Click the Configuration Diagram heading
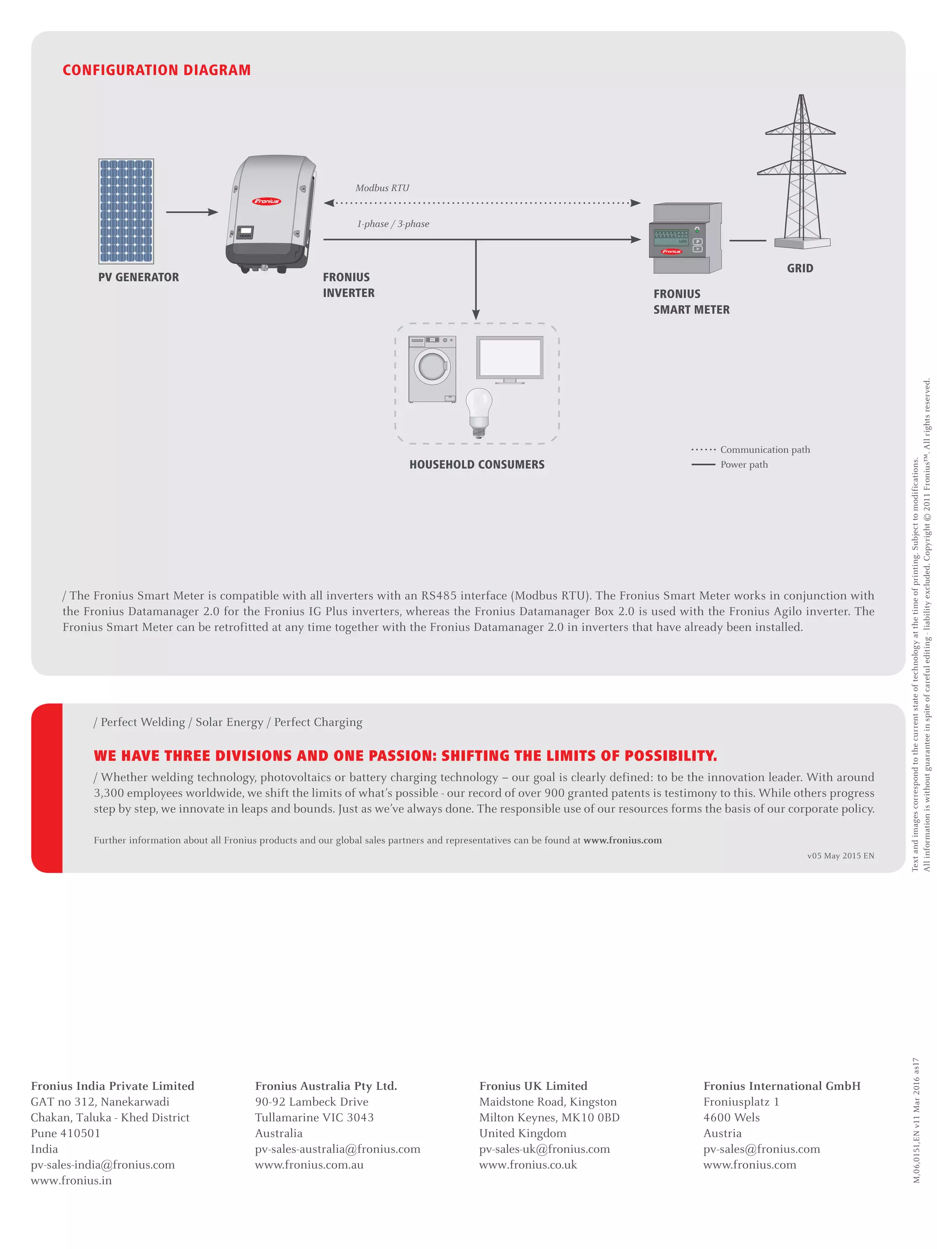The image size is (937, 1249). tap(156, 70)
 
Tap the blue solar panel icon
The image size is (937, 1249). tap(126, 211)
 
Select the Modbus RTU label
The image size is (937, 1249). tap(382, 188)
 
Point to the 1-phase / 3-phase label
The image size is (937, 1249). tap(393, 224)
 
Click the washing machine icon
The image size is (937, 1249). tap(432, 369)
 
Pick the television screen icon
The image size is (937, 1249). tap(509, 359)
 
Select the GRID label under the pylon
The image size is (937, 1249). tap(800, 268)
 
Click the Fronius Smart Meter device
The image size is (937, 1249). tap(684, 238)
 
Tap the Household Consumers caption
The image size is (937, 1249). tap(477, 465)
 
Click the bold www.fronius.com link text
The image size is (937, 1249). tap(622, 840)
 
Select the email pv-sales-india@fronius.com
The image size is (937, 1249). tap(103, 1165)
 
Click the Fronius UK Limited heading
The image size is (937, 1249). tap(533, 1086)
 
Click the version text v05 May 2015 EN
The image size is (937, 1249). tap(840, 856)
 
